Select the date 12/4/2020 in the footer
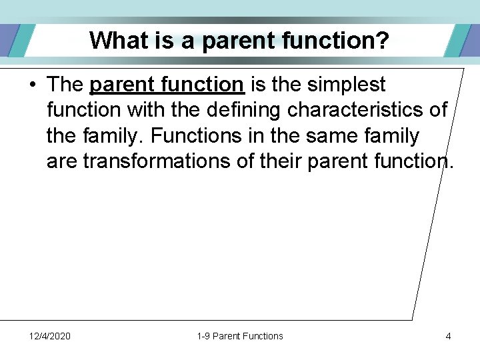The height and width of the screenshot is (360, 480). (x=50, y=336)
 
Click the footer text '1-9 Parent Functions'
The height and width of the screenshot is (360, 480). (x=240, y=336)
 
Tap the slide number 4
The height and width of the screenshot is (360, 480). (x=448, y=336)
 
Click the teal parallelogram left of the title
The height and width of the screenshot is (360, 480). (x=20, y=40)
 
